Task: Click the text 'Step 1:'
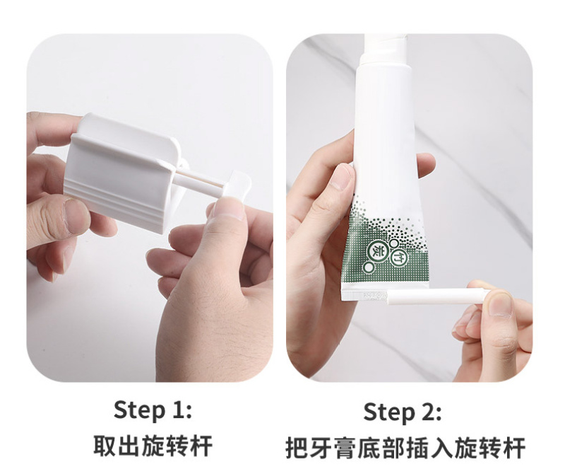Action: point(153,410)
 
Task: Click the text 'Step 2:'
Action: point(403,412)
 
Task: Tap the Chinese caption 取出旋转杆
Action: point(153,446)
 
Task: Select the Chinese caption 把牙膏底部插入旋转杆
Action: point(405,448)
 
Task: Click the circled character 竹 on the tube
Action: point(398,257)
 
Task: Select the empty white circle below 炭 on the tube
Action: point(369,267)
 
